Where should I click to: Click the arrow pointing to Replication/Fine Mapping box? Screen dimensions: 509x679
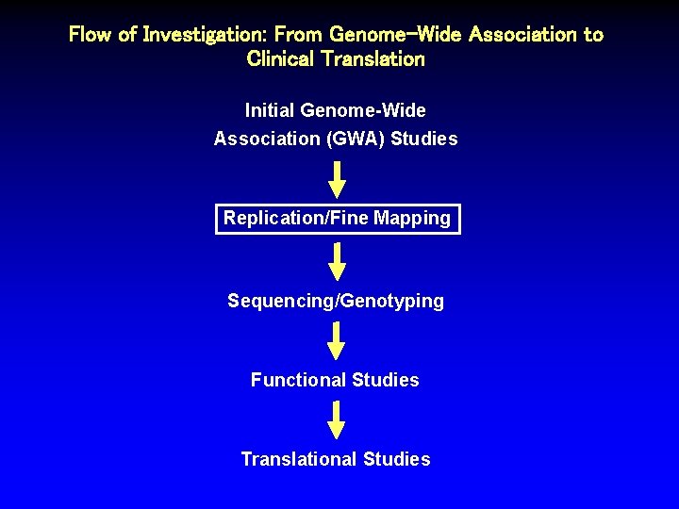(337, 179)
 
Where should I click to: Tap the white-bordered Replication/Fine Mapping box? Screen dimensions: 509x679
(338, 219)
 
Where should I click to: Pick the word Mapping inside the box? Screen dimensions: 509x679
(412, 219)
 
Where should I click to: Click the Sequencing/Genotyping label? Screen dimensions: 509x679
(336, 301)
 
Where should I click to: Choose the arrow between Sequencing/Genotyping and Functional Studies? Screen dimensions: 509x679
(337, 340)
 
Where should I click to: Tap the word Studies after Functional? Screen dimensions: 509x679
(385, 380)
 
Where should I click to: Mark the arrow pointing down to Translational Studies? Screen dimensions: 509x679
(337, 419)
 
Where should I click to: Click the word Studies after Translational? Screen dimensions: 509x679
(396, 459)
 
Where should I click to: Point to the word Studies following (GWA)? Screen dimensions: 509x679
(423, 139)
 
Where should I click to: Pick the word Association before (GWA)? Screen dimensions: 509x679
(267, 139)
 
